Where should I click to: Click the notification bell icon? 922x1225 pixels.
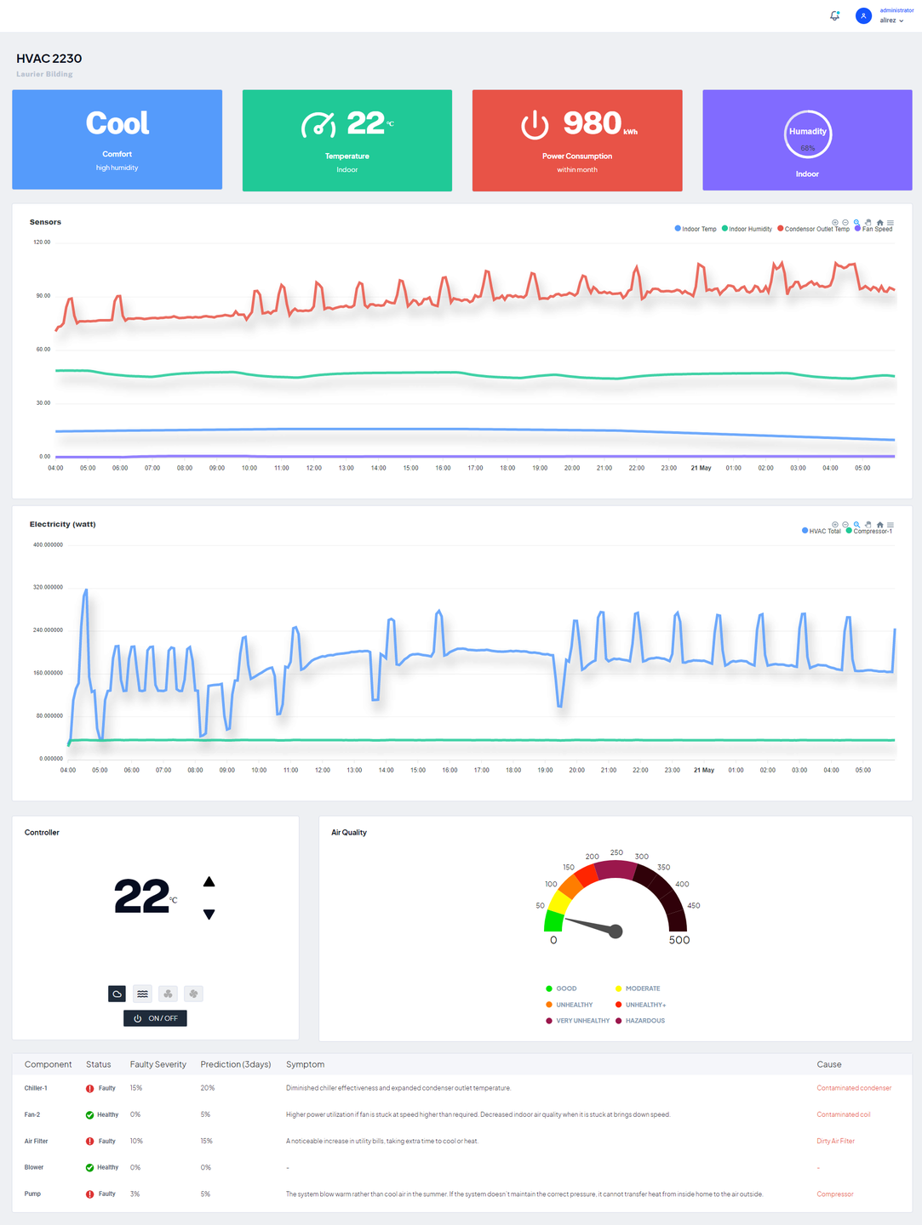tap(834, 16)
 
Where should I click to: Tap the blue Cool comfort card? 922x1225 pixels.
tap(117, 140)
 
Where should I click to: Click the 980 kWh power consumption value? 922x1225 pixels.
tap(593, 123)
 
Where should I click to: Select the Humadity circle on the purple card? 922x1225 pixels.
tap(807, 134)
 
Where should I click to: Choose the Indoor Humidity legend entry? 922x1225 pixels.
tap(749, 229)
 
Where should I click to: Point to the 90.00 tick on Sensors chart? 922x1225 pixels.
tap(43, 296)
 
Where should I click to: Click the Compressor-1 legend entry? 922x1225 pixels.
tap(872, 531)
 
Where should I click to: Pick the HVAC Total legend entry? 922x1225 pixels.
tap(823, 531)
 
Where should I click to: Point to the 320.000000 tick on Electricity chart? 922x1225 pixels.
tap(48, 587)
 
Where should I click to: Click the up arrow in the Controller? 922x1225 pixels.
tap(209, 882)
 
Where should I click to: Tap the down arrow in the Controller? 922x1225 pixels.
tap(209, 914)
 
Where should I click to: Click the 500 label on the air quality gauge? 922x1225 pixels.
tap(679, 940)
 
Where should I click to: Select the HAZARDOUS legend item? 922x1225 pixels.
tap(644, 1021)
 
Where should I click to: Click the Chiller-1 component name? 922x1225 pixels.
tap(36, 1088)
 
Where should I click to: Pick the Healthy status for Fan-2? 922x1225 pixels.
tap(107, 1114)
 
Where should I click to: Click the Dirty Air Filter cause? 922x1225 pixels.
tap(835, 1141)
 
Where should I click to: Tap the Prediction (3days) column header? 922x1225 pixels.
tap(236, 1064)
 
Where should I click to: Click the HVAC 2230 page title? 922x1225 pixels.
tap(49, 59)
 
